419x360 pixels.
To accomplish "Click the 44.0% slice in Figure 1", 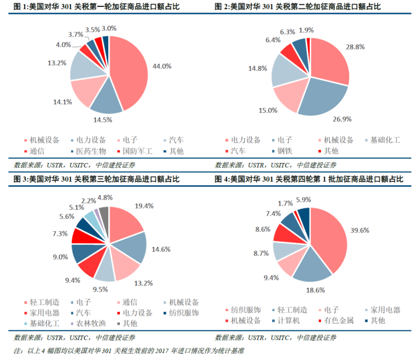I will click(129, 72).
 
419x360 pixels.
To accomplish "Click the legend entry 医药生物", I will click(91, 151).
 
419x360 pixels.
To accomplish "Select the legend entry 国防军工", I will click(137, 151).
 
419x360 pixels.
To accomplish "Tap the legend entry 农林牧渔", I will click(91, 323).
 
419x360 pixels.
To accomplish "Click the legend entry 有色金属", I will click(339, 321).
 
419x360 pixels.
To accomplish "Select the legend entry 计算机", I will click(288, 321).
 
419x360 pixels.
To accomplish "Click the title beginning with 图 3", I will click(96, 180).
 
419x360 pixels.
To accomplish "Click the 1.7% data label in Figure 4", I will click(285, 203).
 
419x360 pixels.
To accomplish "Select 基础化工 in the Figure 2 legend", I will click(385, 140).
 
